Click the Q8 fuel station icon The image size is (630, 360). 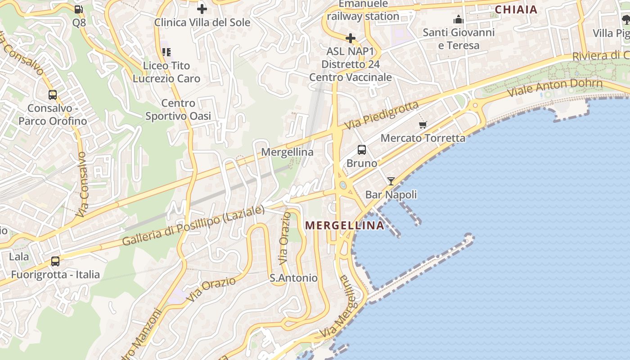coord(78,9)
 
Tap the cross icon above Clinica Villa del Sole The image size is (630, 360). coord(202,9)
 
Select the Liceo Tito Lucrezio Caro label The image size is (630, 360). coord(166,72)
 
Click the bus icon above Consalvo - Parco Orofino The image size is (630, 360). coord(53,95)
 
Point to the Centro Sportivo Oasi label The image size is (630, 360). coord(178,109)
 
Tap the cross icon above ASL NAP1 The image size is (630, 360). coord(351,38)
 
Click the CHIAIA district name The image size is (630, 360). coord(516,9)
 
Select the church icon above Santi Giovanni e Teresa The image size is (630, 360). coord(459,19)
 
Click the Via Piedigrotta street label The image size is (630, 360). coord(382,116)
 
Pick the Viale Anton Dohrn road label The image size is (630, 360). coord(555,88)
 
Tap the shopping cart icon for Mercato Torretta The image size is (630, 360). coord(423,125)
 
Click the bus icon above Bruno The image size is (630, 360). coord(362,150)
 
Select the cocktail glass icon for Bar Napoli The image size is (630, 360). coord(391,181)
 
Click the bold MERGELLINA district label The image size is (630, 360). coord(345,225)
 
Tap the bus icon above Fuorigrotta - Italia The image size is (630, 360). coord(55,261)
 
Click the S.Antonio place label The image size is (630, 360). coord(293,278)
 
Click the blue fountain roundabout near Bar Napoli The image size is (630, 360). coord(343,185)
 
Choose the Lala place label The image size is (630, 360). coord(19,257)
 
